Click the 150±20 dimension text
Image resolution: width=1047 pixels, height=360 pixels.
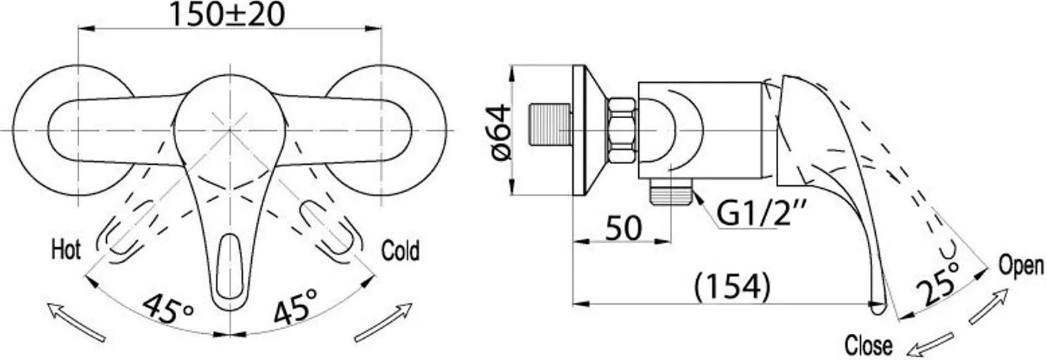[226, 15]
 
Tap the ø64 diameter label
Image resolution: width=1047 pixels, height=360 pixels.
[502, 132]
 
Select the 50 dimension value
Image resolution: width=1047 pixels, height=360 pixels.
[623, 228]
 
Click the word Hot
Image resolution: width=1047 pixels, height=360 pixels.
[65, 250]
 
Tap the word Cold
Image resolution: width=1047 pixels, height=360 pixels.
[400, 250]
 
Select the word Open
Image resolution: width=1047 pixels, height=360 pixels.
[1021, 266]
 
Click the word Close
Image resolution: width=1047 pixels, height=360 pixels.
[869, 346]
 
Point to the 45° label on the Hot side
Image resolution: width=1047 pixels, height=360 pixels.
[168, 308]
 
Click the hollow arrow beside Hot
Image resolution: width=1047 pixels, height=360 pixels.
[76, 322]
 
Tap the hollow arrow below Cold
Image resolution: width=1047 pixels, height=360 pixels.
[383, 323]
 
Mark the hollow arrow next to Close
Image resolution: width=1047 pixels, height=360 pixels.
[930, 345]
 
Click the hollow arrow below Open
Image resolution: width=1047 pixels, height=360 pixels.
[988, 306]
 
